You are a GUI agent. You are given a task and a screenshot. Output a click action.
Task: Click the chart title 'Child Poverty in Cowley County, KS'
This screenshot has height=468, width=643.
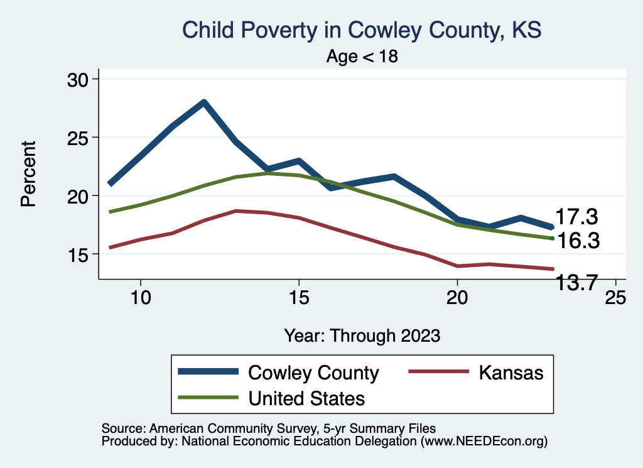point(361,30)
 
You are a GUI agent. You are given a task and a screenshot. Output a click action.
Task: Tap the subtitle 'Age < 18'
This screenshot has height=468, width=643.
point(362,57)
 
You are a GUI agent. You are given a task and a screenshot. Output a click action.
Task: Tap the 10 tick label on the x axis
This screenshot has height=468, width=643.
point(140,298)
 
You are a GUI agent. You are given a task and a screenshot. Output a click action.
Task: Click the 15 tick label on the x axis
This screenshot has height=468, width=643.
point(298,298)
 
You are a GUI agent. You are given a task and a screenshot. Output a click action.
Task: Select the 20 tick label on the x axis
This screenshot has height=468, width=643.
point(457,298)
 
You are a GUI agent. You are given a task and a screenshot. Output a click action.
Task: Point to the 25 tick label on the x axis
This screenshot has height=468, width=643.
point(615,298)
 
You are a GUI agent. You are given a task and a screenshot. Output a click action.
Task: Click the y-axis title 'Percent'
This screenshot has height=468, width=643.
point(28,173)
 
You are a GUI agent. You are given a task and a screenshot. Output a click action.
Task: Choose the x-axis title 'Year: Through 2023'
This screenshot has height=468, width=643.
point(362,335)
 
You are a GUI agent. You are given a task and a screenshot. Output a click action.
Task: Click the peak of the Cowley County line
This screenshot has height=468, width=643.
point(204,102)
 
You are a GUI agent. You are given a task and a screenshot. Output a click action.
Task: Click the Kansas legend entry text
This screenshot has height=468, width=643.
point(511,373)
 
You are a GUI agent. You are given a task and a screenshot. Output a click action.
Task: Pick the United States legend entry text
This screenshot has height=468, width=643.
point(306,398)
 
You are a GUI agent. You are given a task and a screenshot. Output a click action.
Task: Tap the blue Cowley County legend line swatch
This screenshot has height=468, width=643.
point(209,372)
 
